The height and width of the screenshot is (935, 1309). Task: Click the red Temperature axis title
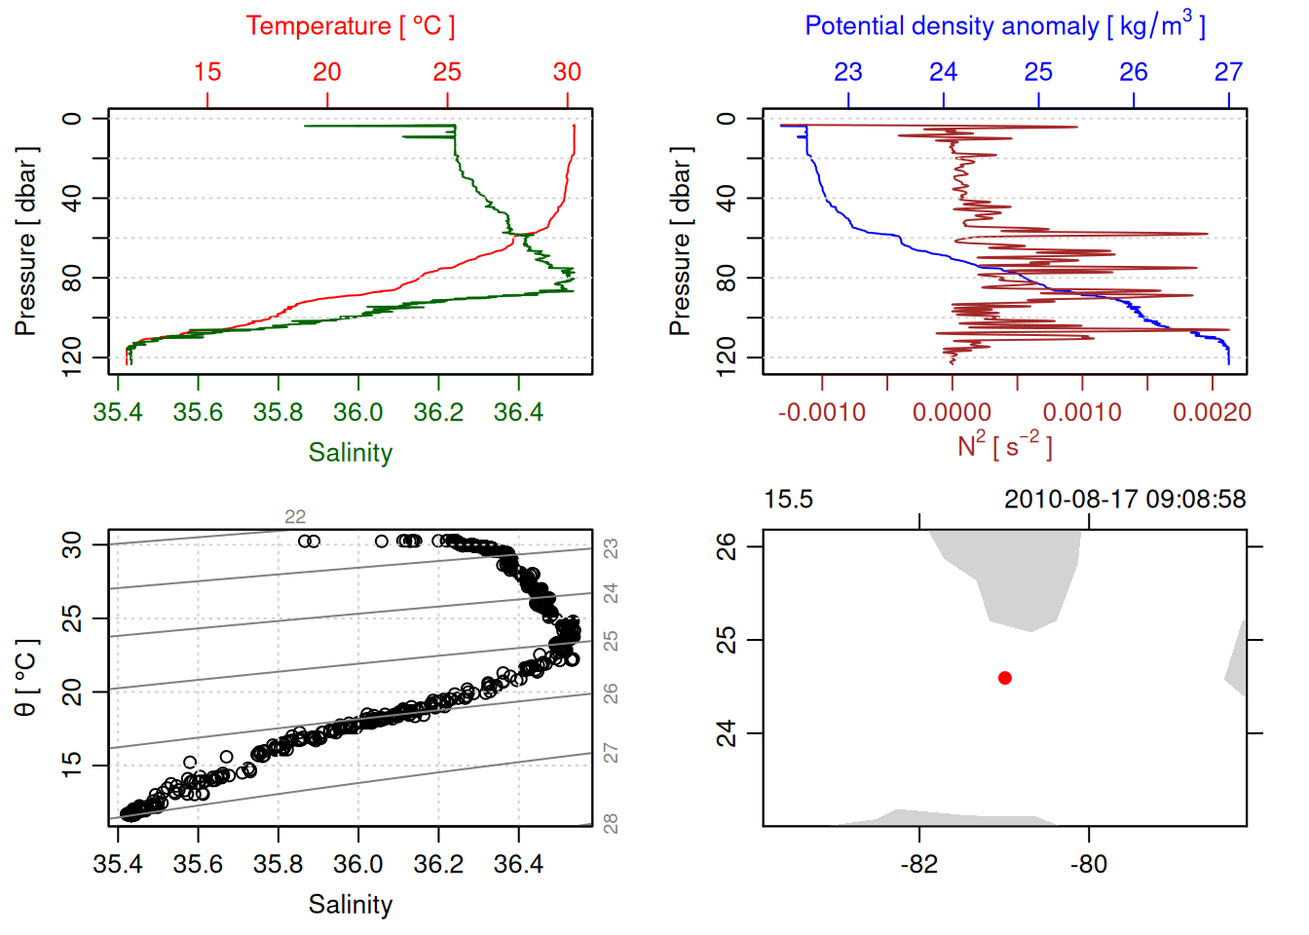point(350,26)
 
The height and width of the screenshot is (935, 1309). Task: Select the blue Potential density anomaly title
point(1004,26)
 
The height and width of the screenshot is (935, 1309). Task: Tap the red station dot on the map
point(1005,678)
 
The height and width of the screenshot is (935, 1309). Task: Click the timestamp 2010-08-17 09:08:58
point(1125,500)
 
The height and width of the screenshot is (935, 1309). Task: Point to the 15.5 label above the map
point(788,500)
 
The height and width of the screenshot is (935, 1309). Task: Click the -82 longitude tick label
point(919,864)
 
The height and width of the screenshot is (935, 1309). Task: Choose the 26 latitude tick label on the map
point(727,546)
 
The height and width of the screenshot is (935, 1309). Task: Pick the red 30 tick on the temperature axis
point(567,72)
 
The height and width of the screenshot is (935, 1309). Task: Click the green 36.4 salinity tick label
point(518,413)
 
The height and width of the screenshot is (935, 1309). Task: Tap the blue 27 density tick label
point(1228,72)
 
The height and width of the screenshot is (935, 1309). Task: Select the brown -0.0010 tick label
point(822,413)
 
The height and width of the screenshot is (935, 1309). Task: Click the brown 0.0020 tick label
point(1212,413)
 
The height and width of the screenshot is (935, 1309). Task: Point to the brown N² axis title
point(1004,446)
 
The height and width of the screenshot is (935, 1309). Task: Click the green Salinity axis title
point(350,453)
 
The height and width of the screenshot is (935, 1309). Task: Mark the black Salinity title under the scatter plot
point(350,905)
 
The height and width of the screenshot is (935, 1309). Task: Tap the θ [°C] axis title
point(26,678)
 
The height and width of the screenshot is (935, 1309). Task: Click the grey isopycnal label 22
point(295,517)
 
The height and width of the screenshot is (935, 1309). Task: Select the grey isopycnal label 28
point(611,824)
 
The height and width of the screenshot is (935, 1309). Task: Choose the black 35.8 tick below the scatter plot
point(279,864)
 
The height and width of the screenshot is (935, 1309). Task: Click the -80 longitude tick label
point(1088,864)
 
